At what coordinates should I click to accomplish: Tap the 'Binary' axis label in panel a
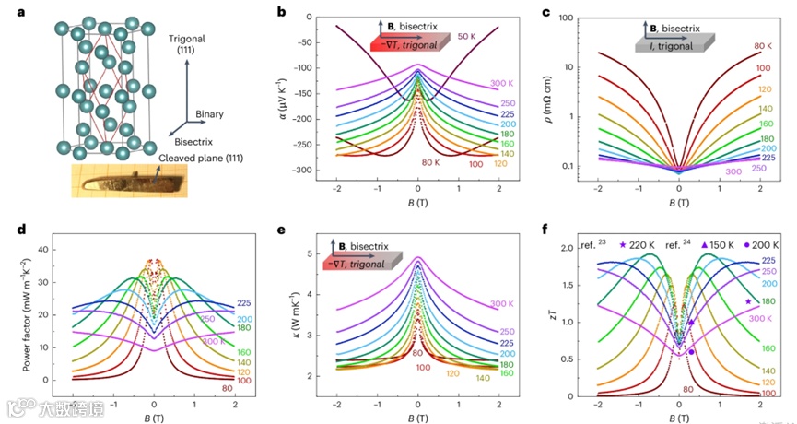pyautogui.click(x=209, y=115)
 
